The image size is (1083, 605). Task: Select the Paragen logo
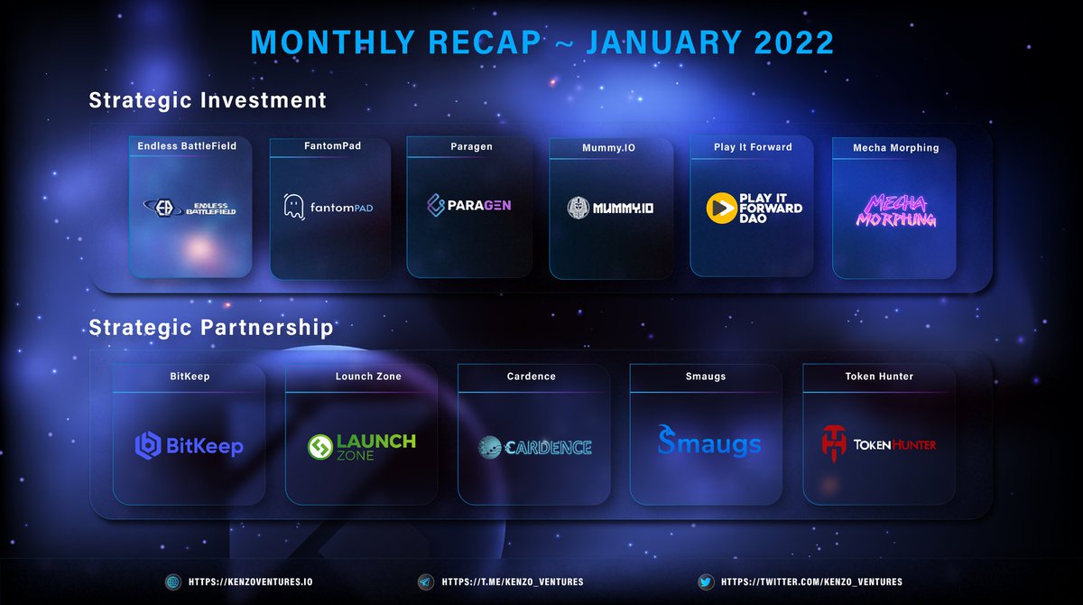coord(468,205)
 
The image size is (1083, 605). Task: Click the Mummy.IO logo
coord(611,208)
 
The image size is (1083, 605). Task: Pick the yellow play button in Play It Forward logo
coord(721,207)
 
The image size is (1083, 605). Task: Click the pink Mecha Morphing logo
coord(895,210)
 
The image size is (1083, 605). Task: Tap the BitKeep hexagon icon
coord(147,444)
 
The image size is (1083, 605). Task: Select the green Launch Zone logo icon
coord(321,447)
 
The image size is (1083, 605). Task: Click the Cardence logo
coord(534,446)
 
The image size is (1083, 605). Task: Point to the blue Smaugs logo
coord(708,442)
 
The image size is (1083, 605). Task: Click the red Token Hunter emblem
coord(836,442)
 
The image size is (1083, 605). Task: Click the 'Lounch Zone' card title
coord(367,377)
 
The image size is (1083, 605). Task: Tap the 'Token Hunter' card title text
coord(879,377)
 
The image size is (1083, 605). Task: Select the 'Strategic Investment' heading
coord(208,100)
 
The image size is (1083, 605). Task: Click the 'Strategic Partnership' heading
coord(211,327)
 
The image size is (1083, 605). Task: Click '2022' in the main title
coord(787,42)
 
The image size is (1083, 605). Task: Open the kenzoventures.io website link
coord(250,582)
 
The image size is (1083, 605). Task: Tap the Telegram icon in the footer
coord(424,582)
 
